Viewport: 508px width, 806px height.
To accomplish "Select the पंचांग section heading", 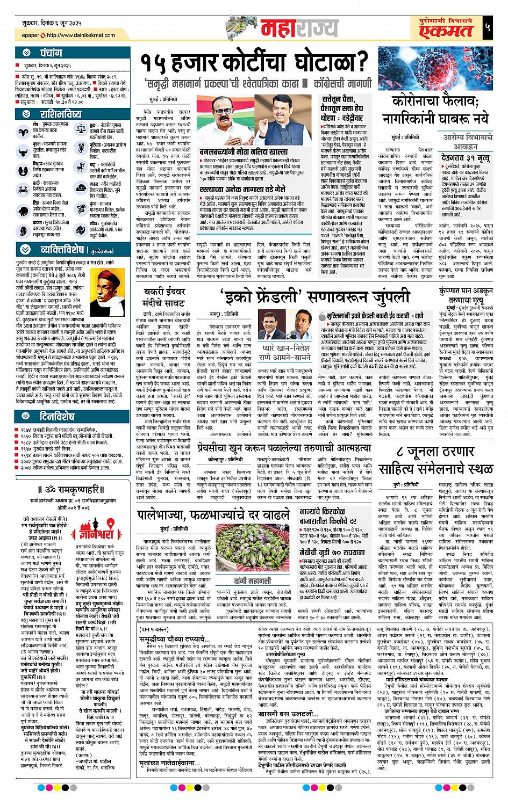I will (51, 53).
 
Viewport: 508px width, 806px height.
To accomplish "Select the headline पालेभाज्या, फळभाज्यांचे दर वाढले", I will (213, 515).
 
